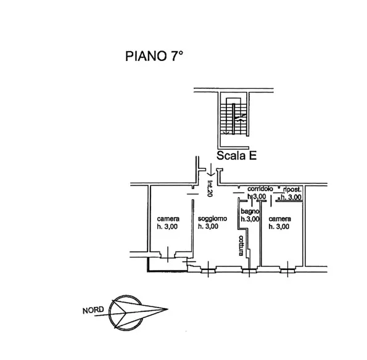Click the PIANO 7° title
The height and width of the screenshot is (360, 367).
click(154, 56)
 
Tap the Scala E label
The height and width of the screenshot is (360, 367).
click(236, 155)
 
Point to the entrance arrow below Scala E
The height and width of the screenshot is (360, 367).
click(211, 170)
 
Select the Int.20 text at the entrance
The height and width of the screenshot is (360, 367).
click(210, 189)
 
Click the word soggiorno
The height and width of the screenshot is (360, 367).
click(212, 219)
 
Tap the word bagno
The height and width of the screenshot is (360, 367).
click(250, 211)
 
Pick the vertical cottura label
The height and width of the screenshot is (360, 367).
click(241, 245)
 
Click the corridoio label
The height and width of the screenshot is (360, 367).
click(260, 189)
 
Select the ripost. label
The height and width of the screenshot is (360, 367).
click(292, 189)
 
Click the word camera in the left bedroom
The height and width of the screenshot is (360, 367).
click(168, 219)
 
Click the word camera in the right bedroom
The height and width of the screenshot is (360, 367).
click(279, 219)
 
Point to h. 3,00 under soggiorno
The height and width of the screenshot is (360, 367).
click(208, 226)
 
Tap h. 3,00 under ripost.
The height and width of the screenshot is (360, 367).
click(291, 197)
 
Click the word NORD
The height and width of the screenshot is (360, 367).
click(93, 310)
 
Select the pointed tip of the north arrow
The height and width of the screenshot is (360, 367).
click(168, 309)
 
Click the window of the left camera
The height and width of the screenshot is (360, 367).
click(168, 255)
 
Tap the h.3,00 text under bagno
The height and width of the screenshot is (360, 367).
click(250, 219)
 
